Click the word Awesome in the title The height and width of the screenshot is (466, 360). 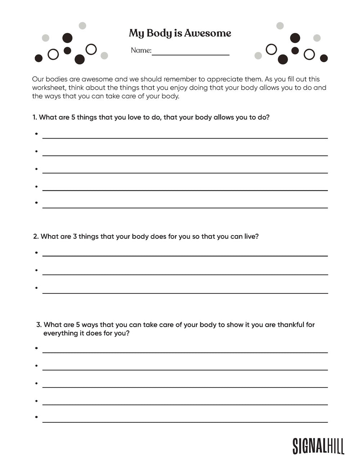[207, 33]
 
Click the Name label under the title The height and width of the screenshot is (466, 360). [141, 50]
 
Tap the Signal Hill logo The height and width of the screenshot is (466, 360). [318, 446]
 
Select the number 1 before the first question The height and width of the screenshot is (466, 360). [34, 117]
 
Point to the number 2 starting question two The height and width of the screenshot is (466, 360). [35, 237]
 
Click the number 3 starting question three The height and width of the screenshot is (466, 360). [39, 325]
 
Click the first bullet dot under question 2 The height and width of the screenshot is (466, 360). [37, 253]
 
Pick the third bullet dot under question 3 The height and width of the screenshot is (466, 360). [37, 383]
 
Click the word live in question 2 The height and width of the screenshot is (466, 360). [251, 237]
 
